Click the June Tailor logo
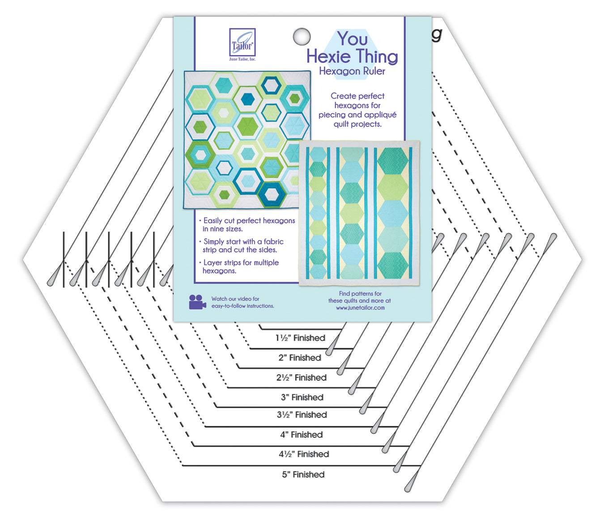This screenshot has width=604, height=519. pos(242,43)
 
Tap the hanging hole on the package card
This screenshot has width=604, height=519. pos(302,36)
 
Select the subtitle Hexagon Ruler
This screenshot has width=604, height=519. pos(352,71)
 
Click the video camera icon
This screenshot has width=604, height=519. pos(197,302)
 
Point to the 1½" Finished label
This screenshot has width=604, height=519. pos(300,338)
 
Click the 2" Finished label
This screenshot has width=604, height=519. pos(300,358)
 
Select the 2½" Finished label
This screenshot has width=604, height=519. pos(301,377)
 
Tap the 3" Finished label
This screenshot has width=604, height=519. pos(302,397)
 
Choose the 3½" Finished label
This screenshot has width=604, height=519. pos(302,415)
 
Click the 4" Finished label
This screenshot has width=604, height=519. pos(302,435)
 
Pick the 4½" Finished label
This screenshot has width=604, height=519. pos(304,454)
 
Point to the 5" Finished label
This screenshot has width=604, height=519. pos(303,474)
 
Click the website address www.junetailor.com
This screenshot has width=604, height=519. pos(360,308)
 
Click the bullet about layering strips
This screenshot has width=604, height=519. pos(240,266)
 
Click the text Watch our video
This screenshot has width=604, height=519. pos(235,299)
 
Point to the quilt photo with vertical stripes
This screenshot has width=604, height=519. pos(359,213)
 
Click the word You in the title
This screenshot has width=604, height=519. pos(353,39)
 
